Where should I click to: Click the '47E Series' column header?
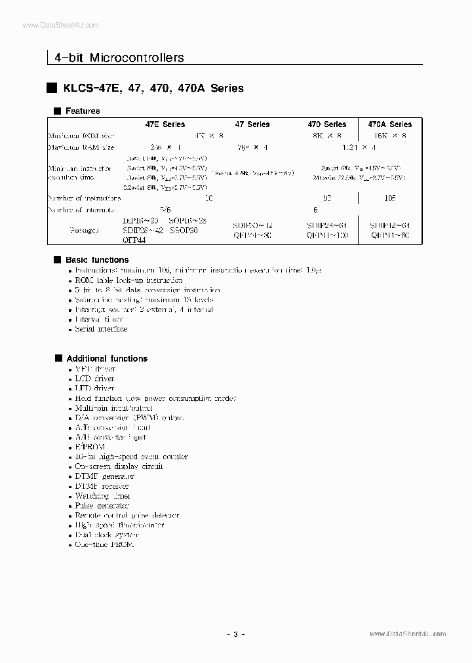[165, 124]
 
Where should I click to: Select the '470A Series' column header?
[390, 124]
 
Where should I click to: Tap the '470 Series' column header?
[327, 124]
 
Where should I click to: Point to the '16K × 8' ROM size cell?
[389, 136]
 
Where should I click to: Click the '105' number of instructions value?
[389, 198]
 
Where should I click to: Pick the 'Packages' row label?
[83, 231]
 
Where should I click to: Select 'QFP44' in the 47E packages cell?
[134, 240]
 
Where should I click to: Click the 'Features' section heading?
[83, 111]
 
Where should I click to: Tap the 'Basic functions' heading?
[96, 260]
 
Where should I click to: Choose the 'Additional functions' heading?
[106, 358]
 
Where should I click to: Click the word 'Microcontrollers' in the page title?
[136, 58]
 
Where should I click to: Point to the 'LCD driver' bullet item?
[94, 379]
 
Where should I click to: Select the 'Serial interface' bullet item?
[101, 329]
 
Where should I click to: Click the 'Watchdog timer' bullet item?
[102, 496]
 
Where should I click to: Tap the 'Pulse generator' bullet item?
[102, 506]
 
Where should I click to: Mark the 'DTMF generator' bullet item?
[104, 476]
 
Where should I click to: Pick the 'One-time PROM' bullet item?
[104, 544]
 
